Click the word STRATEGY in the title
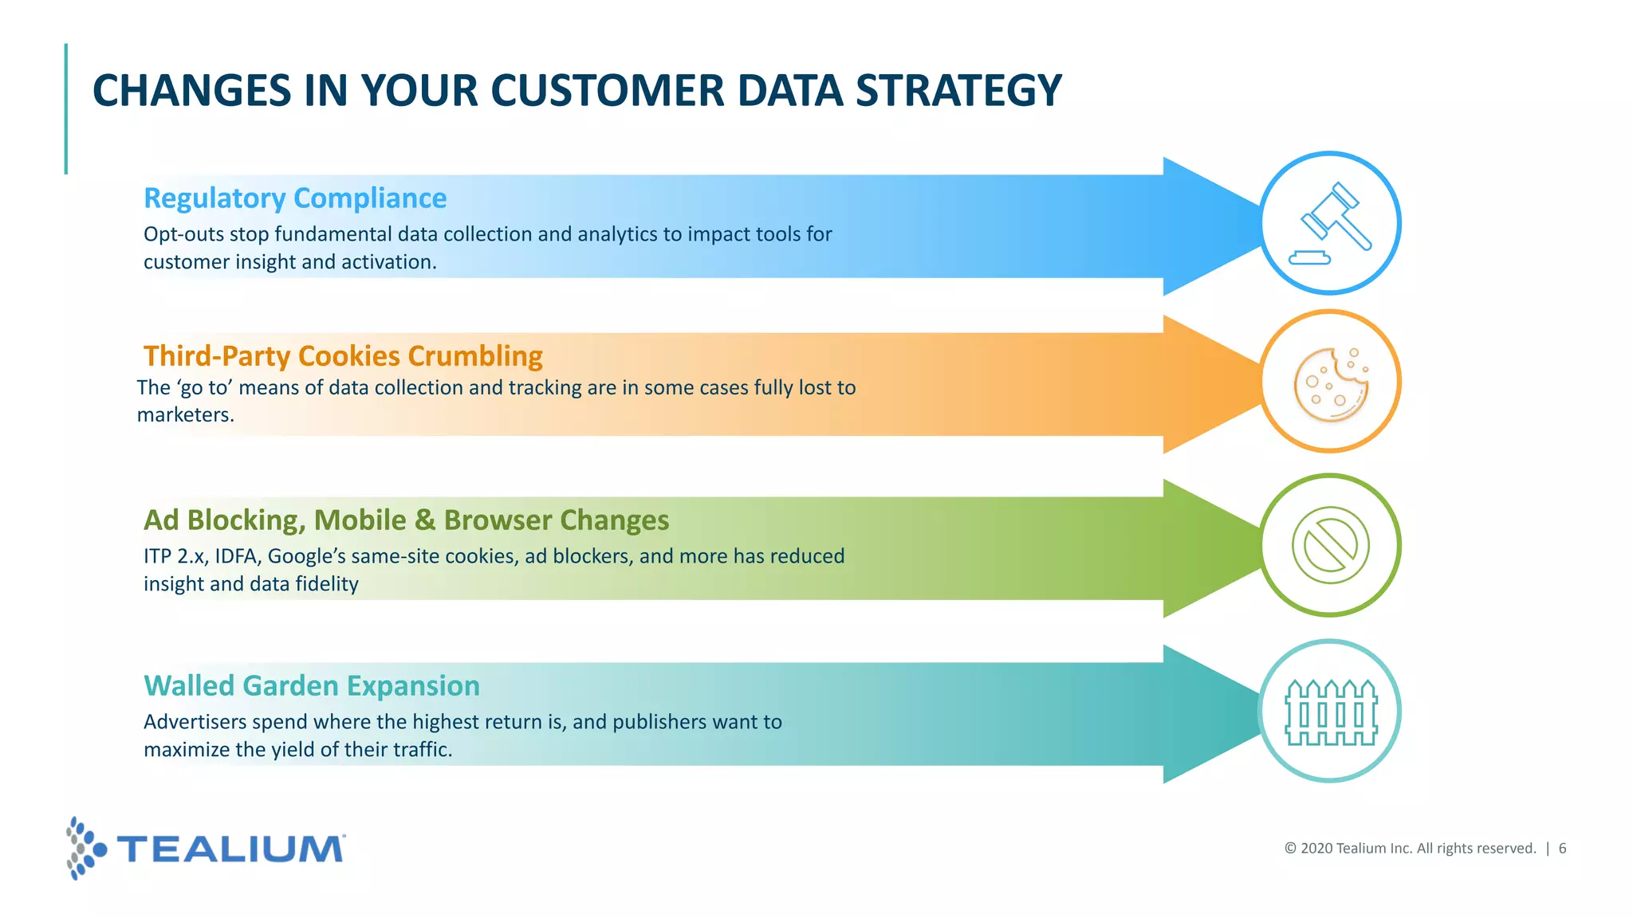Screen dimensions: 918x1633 coord(958,90)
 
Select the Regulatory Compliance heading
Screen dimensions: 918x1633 coord(295,198)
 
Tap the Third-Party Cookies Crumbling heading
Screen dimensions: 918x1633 coord(343,355)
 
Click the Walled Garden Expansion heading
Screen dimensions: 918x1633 coord(312,685)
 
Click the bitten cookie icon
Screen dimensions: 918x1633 coord(1330,383)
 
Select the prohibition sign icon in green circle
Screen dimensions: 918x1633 coord(1330,546)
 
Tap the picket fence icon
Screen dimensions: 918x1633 coord(1331,712)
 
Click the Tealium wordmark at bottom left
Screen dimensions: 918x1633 coord(231,849)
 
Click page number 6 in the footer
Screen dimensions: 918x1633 coord(1562,849)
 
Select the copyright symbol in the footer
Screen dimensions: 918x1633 coord(1290,849)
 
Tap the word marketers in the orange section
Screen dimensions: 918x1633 coord(184,415)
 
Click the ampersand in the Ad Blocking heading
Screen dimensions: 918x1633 coord(425,520)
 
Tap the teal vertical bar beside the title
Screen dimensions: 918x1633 coord(66,109)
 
